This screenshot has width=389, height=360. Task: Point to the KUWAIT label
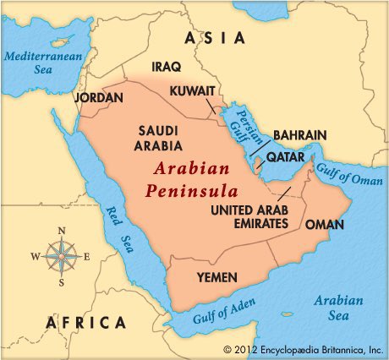pyautogui.click(x=192, y=90)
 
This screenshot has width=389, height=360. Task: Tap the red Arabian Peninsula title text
pyautogui.click(x=187, y=179)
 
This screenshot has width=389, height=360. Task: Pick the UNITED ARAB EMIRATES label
pyautogui.click(x=250, y=216)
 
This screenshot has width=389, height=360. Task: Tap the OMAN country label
pyautogui.click(x=324, y=224)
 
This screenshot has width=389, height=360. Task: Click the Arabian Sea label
pyautogui.click(x=338, y=308)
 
